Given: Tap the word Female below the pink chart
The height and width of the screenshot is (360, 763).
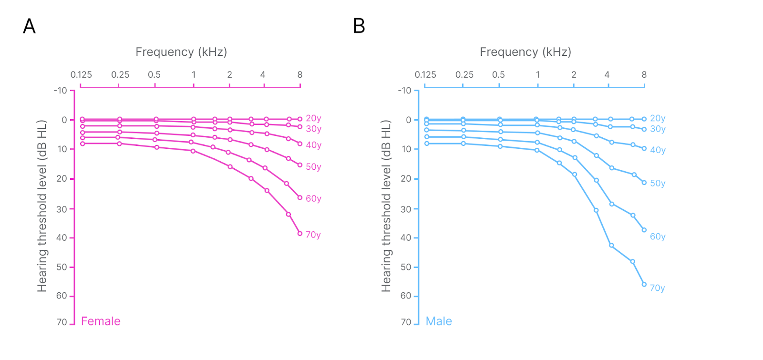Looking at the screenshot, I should click(101, 321).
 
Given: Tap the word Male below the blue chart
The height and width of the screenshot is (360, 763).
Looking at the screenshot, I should click(439, 321).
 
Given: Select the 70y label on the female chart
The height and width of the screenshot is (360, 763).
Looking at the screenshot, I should click(313, 235).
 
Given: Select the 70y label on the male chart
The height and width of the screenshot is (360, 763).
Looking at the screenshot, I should click(657, 288).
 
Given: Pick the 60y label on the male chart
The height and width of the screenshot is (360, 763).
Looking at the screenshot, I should click(658, 237).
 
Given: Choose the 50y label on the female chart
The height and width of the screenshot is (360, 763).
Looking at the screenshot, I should click(313, 167).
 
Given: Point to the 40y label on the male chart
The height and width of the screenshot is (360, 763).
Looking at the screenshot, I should click(658, 150).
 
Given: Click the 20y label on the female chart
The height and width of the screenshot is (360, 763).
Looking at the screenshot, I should click(313, 118).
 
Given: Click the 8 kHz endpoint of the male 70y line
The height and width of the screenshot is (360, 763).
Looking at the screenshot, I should click(644, 284).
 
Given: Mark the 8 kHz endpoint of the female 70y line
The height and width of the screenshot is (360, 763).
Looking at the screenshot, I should click(300, 233).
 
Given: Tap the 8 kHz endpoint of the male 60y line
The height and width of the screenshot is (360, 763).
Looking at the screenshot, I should click(644, 230).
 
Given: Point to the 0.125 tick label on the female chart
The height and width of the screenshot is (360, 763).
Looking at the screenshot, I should click(81, 75).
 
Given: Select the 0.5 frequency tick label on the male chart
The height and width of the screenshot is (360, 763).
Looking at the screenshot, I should click(498, 75).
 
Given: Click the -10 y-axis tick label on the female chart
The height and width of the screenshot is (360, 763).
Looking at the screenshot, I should click(61, 91).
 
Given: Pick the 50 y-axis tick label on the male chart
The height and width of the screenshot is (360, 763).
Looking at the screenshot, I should click(406, 267).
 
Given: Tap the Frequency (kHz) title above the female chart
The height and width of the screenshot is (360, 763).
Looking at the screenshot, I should click(181, 52).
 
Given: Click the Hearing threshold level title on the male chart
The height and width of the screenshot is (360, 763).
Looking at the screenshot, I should click(386, 206).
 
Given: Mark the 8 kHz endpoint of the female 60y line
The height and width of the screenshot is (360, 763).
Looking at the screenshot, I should click(300, 197).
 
